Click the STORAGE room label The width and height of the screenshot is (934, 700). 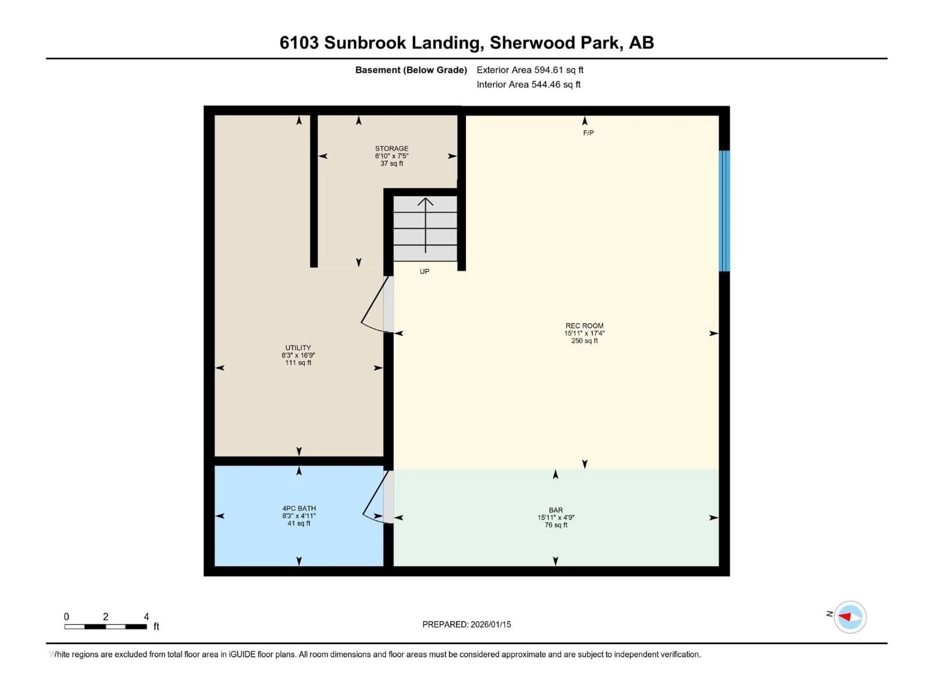click(x=391, y=149)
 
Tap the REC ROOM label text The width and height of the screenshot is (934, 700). click(x=584, y=326)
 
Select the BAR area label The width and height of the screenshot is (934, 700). click(x=556, y=510)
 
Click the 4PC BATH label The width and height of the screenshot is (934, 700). click(x=299, y=508)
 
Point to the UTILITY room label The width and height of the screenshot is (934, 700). click(x=298, y=348)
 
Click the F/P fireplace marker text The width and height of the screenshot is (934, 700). click(x=588, y=133)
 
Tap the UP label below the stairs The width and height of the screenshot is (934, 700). click(x=424, y=271)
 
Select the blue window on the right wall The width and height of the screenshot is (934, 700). click(x=724, y=211)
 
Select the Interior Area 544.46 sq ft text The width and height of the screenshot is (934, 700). click(x=528, y=84)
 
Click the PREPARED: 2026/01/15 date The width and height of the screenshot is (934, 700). click(x=466, y=624)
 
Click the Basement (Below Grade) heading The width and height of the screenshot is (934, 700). click(x=411, y=70)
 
